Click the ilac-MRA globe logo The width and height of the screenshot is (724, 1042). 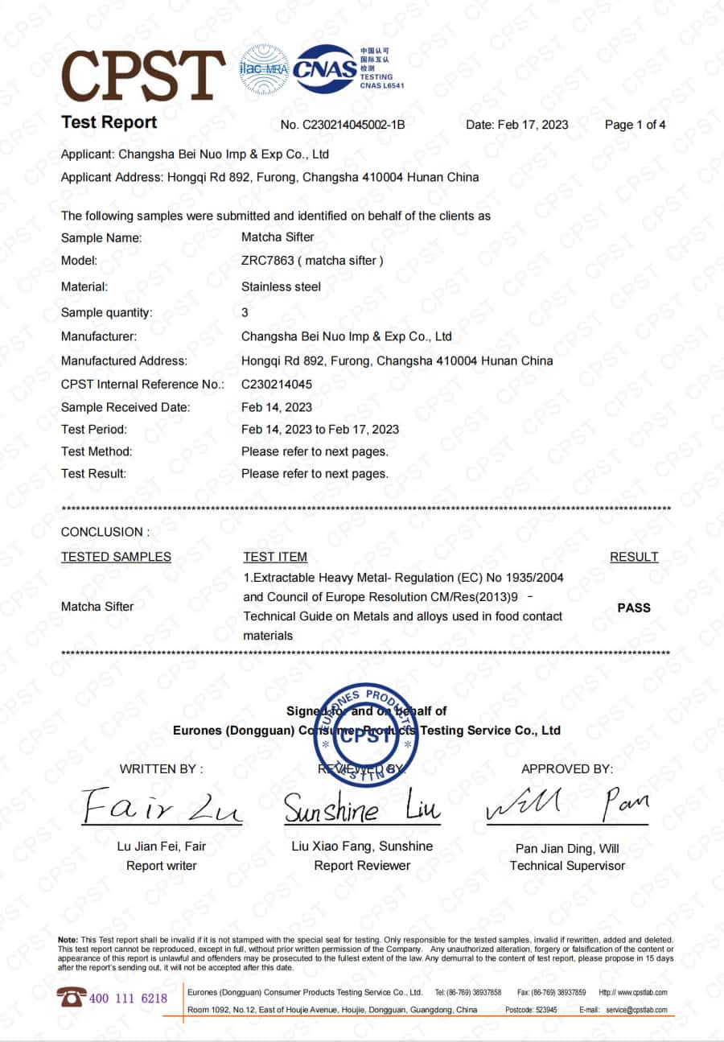[x=264, y=70]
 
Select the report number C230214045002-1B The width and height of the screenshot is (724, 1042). [x=353, y=125]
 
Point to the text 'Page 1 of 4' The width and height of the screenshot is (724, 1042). [x=635, y=125]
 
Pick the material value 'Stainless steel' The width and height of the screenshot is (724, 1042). [x=281, y=286]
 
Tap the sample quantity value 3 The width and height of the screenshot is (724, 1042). [x=245, y=312]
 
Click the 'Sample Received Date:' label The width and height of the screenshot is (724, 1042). [x=125, y=407]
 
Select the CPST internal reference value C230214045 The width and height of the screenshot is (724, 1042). [x=277, y=385]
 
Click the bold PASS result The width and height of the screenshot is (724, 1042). [x=634, y=608]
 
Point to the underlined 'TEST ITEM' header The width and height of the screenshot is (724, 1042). [x=275, y=557]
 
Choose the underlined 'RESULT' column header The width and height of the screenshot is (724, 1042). [x=634, y=557]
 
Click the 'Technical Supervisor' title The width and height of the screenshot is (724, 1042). [x=567, y=866]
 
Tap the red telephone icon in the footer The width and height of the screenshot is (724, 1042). [x=71, y=998]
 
